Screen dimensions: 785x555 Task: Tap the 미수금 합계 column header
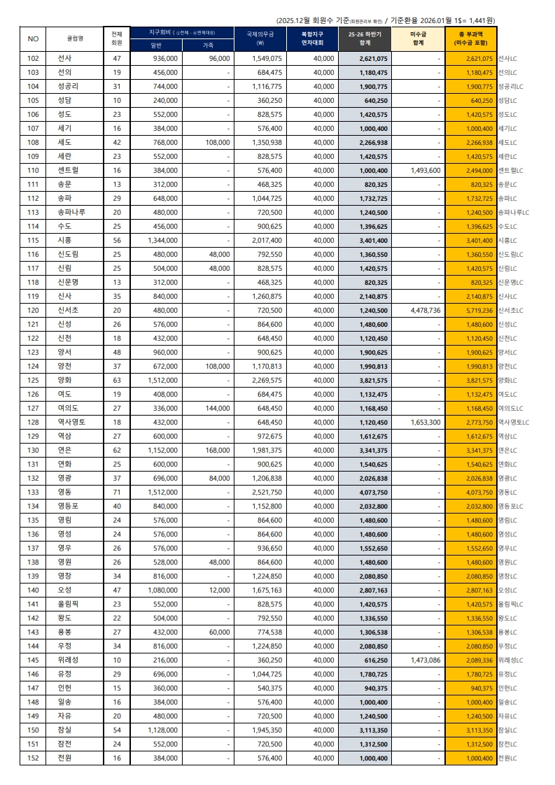click(417, 38)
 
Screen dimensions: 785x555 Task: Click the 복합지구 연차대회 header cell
click(313, 38)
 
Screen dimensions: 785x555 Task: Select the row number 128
click(33, 422)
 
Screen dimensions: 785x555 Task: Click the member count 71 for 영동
click(117, 492)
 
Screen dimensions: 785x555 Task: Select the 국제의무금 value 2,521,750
click(267, 492)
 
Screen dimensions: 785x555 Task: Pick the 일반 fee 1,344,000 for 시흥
click(161, 240)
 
